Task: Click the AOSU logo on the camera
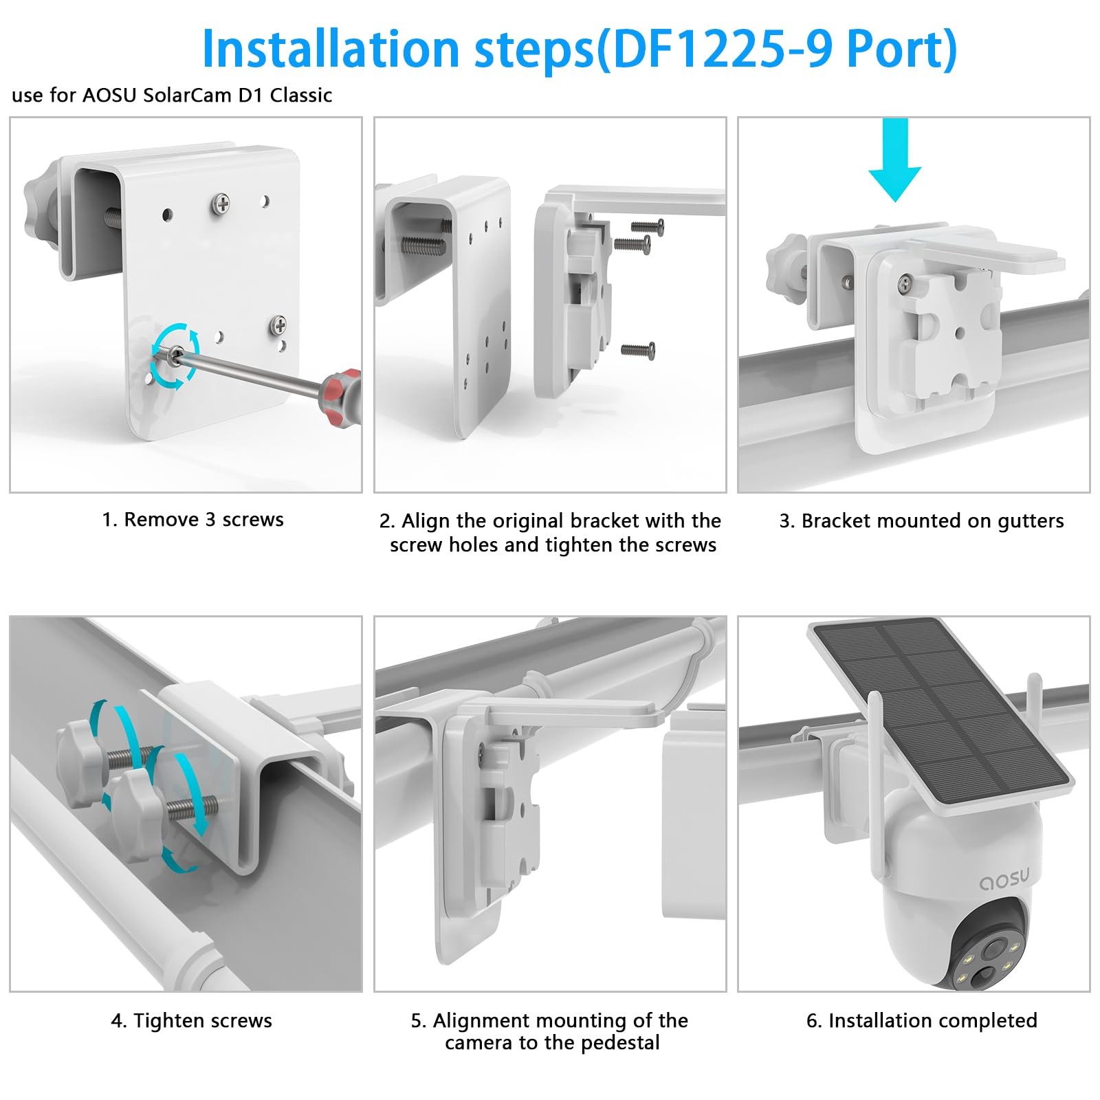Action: point(1004,879)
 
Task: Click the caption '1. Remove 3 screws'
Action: point(192,520)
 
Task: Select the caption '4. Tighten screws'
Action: point(191,1021)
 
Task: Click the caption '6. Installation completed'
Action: point(921,1021)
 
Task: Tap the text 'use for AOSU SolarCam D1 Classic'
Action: point(172,95)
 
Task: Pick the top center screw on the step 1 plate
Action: point(221,203)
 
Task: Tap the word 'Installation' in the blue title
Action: point(330,49)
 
